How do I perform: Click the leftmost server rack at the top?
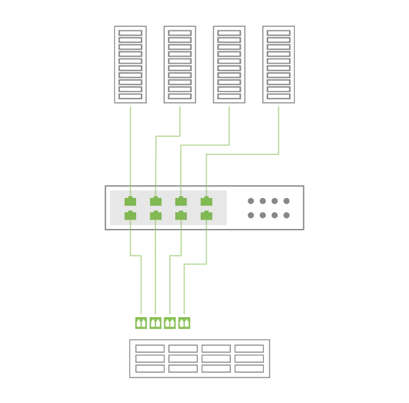(130, 64)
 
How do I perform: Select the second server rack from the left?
(179, 64)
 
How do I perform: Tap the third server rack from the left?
(228, 64)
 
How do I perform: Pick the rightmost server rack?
(280, 64)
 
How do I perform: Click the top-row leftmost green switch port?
(130, 202)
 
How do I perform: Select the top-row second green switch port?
(155, 202)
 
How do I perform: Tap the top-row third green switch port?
(181, 202)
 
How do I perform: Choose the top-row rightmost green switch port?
(206, 202)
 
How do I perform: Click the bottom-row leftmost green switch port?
(130, 216)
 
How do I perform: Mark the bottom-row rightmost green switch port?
(206, 216)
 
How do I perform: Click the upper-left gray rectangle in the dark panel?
(257, 201)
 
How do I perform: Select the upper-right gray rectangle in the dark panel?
(280, 201)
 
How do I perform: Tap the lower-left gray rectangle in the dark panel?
(257, 215)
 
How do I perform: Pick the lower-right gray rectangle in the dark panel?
(280, 215)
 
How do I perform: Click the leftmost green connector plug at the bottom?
(140, 322)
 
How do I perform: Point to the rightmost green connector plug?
(184, 322)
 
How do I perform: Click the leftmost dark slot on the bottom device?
(152, 348)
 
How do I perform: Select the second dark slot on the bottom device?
(185, 348)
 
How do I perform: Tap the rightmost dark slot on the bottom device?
(250, 348)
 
